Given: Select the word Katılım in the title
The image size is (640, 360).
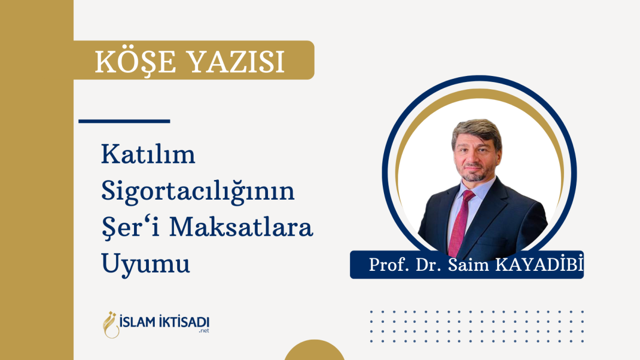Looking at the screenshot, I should (x=148, y=156).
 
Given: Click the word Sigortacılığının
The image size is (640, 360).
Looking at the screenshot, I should (x=197, y=193).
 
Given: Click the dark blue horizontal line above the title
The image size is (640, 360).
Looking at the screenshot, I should (x=124, y=121).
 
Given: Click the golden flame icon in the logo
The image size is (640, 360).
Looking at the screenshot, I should (x=112, y=324).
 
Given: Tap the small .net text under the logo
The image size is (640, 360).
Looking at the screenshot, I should (x=203, y=331).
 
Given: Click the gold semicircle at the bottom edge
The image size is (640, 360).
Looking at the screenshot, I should (x=314, y=351).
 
